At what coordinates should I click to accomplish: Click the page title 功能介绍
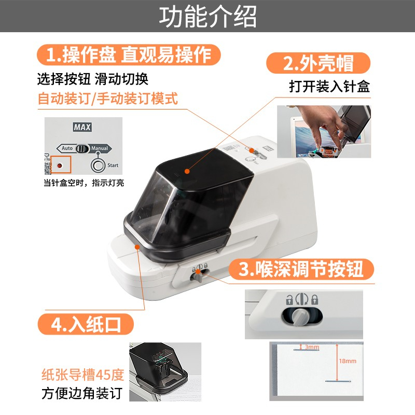[208, 17]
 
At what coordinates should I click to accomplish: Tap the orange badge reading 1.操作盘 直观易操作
[129, 55]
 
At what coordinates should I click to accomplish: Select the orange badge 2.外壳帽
[318, 63]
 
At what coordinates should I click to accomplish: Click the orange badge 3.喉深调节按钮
[301, 269]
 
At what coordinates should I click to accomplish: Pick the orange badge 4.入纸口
[86, 324]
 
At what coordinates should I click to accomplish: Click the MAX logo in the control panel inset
[82, 127]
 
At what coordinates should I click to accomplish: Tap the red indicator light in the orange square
[60, 165]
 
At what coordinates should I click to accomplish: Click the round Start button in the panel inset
[98, 165]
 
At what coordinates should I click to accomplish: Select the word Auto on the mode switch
[67, 148]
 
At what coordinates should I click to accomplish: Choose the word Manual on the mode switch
[100, 148]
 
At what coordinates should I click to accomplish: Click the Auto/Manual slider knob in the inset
[82, 149]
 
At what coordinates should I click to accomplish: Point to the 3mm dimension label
[312, 347]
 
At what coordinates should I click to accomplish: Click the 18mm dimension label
[348, 361]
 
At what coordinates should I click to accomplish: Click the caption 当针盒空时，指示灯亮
[84, 183]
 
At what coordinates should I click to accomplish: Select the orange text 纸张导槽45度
[83, 375]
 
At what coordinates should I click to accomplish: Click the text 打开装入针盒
[329, 86]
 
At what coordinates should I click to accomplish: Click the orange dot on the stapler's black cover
[187, 171]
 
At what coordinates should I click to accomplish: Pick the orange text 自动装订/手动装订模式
[108, 99]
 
